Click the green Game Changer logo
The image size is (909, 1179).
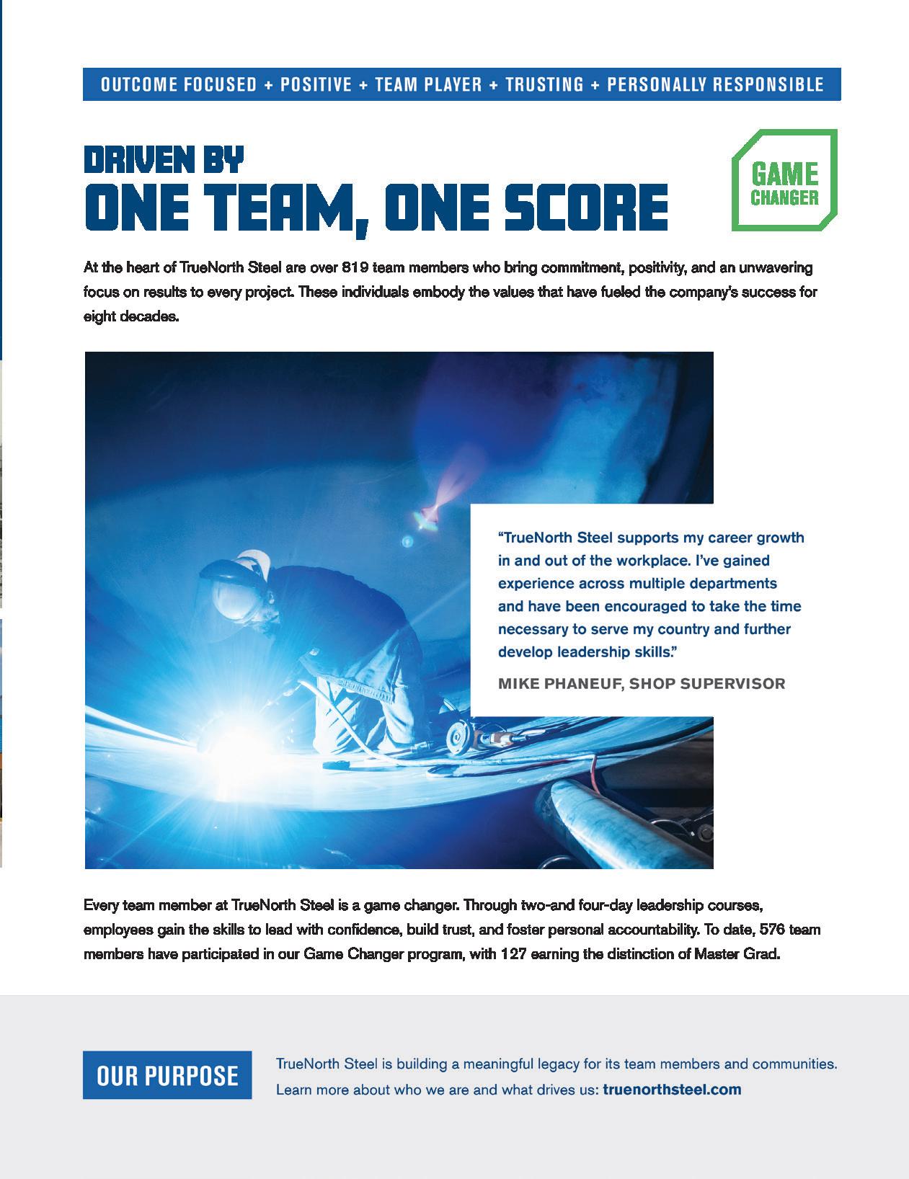tap(784, 181)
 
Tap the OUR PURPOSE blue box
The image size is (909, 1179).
tap(167, 1075)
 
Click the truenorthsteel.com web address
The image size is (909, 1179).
tap(672, 1089)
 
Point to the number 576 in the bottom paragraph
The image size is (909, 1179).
tap(776, 930)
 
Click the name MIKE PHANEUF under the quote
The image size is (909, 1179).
tap(559, 683)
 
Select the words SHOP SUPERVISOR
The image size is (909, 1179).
tap(707, 683)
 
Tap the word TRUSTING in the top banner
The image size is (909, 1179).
tap(544, 84)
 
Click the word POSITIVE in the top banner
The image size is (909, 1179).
tap(316, 84)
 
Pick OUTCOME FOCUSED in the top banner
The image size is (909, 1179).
tap(179, 84)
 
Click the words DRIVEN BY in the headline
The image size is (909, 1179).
tap(164, 159)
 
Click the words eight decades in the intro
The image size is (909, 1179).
tap(130, 316)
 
